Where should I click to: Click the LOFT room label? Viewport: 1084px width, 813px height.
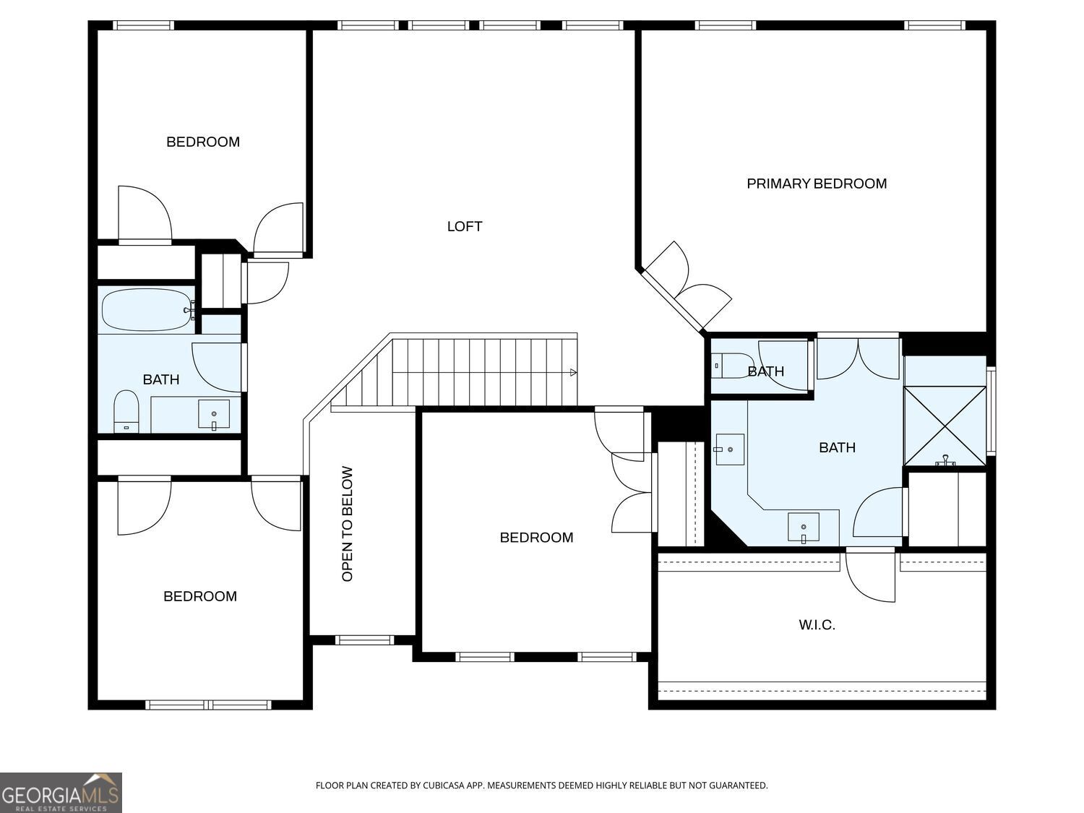click(464, 227)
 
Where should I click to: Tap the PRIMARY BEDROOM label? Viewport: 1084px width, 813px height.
click(817, 184)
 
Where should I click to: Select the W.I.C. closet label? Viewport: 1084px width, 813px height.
click(817, 625)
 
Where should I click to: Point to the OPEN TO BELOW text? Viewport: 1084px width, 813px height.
click(347, 524)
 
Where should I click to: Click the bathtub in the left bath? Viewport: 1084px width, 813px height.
click(148, 309)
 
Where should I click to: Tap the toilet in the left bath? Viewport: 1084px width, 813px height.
click(126, 411)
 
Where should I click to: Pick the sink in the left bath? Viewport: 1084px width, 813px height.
click(214, 414)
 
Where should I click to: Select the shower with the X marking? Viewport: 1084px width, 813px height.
click(945, 426)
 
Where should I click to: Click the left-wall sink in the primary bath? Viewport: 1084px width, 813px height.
click(729, 449)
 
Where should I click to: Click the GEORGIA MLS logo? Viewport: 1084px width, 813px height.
click(61, 793)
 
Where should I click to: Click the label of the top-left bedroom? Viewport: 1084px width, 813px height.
click(203, 142)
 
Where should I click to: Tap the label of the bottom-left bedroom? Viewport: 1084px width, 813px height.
click(200, 596)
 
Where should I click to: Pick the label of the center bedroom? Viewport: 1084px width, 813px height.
click(536, 538)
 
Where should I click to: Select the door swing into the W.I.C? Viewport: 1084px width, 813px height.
click(870, 577)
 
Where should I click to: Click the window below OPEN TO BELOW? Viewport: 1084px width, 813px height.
click(364, 640)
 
